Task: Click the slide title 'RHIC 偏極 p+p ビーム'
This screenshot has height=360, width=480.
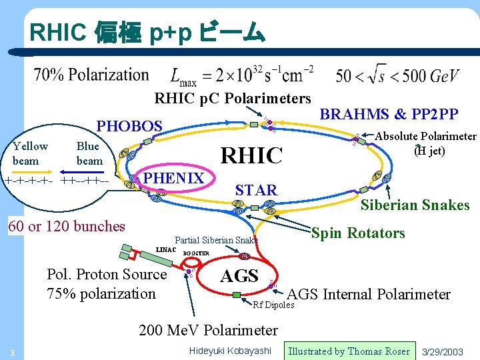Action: pos(147,32)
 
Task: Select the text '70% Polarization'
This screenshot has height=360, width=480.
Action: pos(91,75)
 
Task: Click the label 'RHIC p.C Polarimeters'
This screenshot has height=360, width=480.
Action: pos(233,99)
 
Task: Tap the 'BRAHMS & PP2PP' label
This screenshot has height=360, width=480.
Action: pos(389,114)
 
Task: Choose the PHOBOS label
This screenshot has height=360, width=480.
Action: pos(129,125)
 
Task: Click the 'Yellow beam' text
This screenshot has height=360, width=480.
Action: pos(30,153)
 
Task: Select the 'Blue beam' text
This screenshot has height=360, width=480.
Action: pos(89,153)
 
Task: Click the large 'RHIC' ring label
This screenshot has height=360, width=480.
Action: pos(252,156)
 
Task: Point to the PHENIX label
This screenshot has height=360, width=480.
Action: pos(173,177)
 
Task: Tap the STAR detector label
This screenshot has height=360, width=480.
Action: pos(256,191)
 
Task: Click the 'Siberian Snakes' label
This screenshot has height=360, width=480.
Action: pos(415,205)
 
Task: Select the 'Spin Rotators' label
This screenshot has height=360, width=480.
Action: pos(358,233)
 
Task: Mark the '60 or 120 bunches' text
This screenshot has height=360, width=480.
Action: pos(66,226)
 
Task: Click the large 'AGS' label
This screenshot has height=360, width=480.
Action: pos(239,275)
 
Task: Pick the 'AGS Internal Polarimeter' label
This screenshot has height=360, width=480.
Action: pos(368,294)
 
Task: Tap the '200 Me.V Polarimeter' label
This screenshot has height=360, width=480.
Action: pos(208,330)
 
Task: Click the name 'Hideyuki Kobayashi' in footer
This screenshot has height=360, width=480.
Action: pos(231,351)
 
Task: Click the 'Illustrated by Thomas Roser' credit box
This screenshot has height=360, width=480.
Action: pos(349,351)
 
